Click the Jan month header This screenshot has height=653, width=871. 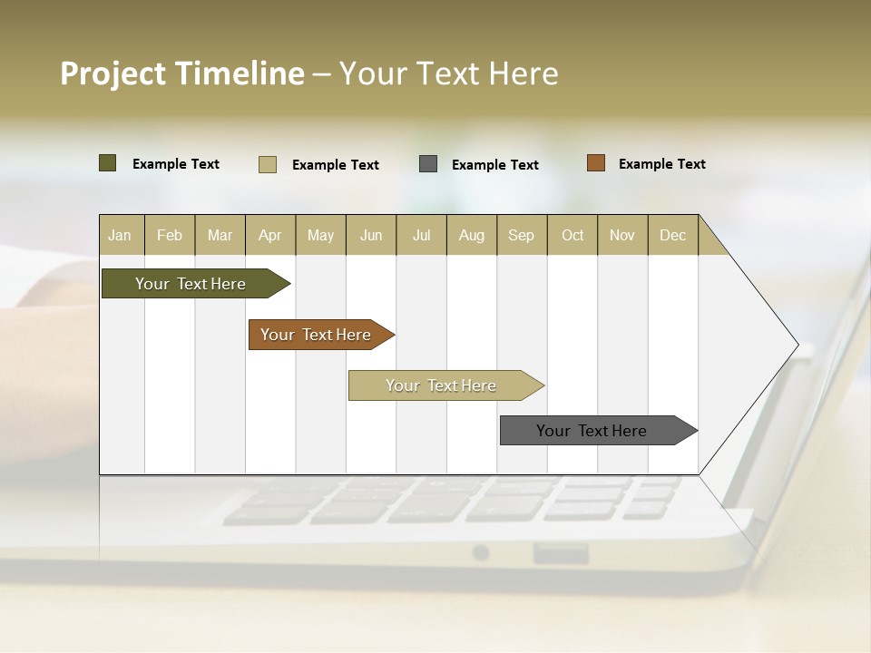click(x=121, y=235)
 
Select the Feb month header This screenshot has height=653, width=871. click(x=170, y=235)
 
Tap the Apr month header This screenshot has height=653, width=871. click(x=270, y=235)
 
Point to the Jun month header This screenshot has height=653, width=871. click(x=371, y=235)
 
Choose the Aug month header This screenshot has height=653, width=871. click(x=472, y=235)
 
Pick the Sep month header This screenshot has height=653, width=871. click(x=522, y=235)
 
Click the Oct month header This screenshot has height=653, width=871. click(x=573, y=235)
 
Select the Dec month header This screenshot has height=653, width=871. click(x=673, y=235)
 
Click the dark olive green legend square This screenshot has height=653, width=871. click(x=108, y=163)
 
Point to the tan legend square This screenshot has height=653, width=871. click(x=268, y=164)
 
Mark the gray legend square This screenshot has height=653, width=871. click(x=428, y=164)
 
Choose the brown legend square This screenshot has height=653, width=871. click(x=596, y=163)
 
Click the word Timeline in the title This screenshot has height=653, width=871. click(x=240, y=73)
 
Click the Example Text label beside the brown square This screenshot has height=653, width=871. click(x=661, y=164)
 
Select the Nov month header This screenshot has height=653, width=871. click(x=622, y=235)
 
